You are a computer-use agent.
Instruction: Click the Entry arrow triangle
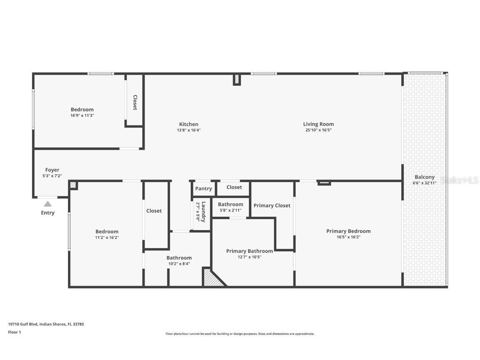(48, 204)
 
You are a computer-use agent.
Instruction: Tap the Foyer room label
(52, 170)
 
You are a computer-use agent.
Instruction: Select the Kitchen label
(189, 124)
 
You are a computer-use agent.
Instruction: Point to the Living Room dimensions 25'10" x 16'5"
(318, 130)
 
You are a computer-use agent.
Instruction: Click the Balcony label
(424, 177)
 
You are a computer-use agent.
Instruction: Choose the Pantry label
(203, 189)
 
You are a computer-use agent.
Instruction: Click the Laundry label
(203, 211)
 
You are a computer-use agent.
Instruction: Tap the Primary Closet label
(272, 205)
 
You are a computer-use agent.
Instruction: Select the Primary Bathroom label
(250, 251)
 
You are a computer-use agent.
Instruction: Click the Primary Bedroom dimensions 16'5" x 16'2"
(348, 237)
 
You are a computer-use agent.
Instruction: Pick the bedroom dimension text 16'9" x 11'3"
(82, 115)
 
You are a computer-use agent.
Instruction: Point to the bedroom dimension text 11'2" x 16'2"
(107, 237)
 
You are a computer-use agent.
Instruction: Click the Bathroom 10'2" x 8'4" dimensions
(179, 264)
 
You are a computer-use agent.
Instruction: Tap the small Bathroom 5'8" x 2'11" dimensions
(230, 210)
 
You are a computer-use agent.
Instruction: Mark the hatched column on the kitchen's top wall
(237, 80)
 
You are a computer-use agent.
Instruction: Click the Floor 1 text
(15, 332)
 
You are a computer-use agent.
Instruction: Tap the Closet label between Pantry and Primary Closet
(234, 187)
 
